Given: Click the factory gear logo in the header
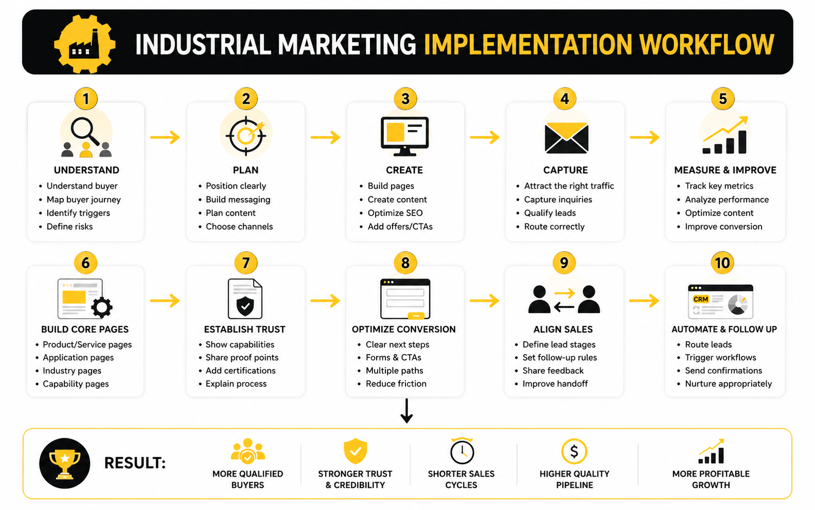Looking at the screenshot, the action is pyautogui.click(x=85, y=44).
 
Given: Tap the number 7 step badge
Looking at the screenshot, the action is pyautogui.click(x=246, y=263).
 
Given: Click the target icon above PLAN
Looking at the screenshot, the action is pyautogui.click(x=246, y=136).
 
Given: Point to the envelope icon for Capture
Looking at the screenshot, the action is pyautogui.click(x=566, y=138).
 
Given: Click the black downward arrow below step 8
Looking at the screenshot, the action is pyautogui.click(x=406, y=411).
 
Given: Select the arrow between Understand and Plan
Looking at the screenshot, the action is pyautogui.click(x=165, y=137).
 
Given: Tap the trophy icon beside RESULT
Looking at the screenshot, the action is pyautogui.click(x=65, y=463).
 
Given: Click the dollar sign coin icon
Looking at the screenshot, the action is pyautogui.click(x=574, y=451).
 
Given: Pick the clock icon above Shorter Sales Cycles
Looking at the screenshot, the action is pyautogui.click(x=461, y=451).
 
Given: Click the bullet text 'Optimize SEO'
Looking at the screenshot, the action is pyautogui.click(x=395, y=213).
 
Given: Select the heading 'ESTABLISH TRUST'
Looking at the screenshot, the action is pyautogui.click(x=245, y=330).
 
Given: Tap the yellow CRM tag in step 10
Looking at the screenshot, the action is pyautogui.click(x=700, y=299).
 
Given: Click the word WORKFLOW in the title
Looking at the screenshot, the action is pyautogui.click(x=707, y=44).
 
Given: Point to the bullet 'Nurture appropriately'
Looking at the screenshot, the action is pyautogui.click(x=728, y=384).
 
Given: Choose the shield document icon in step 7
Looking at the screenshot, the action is pyautogui.click(x=245, y=299).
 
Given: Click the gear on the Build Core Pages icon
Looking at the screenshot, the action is pyautogui.click(x=102, y=307).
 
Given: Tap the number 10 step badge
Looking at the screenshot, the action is pyautogui.click(x=722, y=263).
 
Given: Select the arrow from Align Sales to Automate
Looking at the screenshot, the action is pyautogui.click(x=644, y=301).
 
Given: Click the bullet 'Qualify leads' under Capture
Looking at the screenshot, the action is pyautogui.click(x=550, y=213).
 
